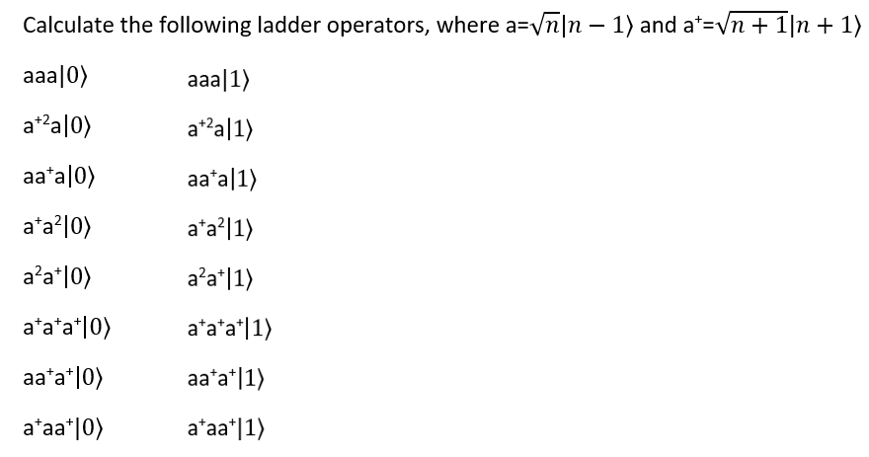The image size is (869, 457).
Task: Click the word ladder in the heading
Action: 260,27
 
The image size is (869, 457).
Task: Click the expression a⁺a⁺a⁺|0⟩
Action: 68,331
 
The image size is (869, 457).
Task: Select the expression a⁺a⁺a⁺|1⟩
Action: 234,331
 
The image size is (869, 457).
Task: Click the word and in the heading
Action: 658,27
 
